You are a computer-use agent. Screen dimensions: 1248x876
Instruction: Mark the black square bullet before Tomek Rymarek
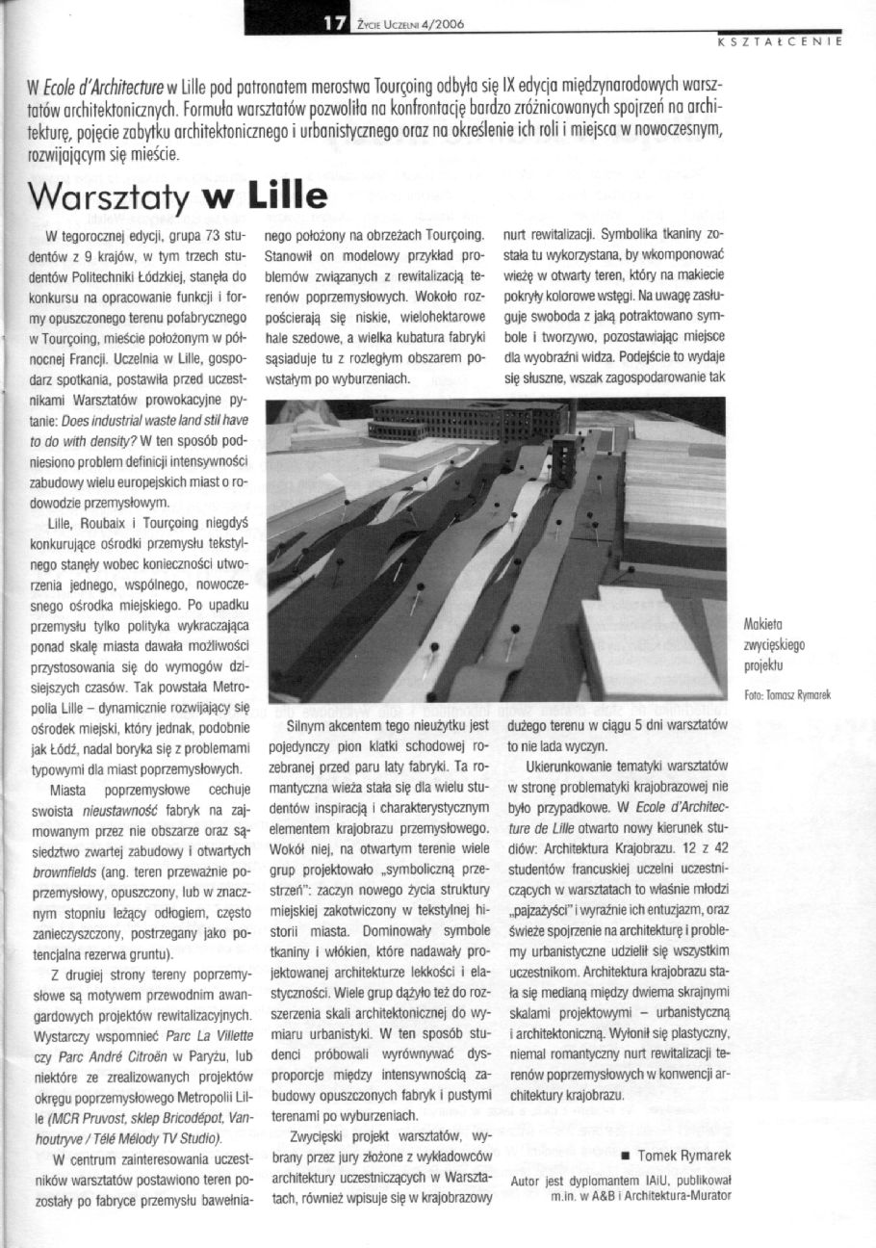pyautogui.click(x=627, y=1156)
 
